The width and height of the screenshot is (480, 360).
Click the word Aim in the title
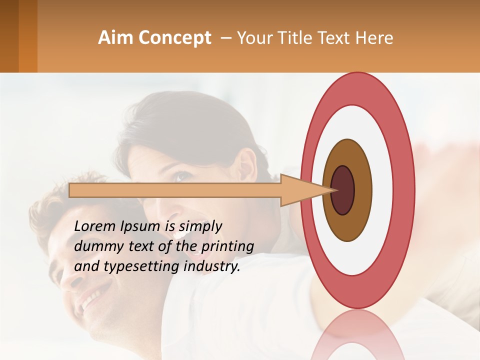pos(115,38)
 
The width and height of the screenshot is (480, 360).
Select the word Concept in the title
pos(174,38)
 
